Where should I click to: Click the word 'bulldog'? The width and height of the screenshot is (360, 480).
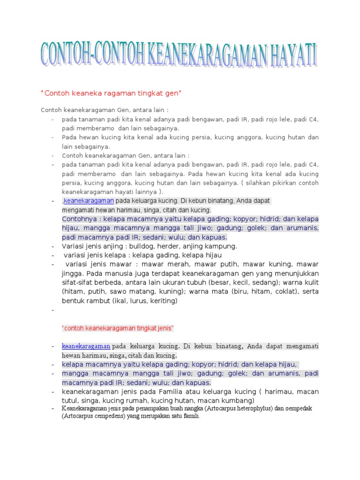coord(145,246)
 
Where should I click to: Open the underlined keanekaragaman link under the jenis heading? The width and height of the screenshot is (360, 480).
coord(86,346)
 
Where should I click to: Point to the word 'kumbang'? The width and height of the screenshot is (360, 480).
coord(239,400)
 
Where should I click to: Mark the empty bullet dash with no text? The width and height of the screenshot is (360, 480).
coord(53,310)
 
